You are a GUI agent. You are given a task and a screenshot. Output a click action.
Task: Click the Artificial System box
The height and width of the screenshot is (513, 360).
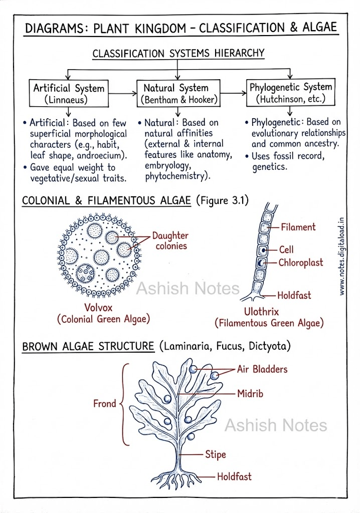tap(69, 93)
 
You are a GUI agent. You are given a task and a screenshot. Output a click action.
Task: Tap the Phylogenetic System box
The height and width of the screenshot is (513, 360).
tap(290, 93)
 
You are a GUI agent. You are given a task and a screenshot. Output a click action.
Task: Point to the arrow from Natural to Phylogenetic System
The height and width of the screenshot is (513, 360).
tap(233, 94)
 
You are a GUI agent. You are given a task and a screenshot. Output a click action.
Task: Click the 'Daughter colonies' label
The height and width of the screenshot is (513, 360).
tap(170, 240)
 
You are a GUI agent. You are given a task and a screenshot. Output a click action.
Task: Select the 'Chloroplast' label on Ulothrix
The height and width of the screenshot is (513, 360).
tap(301, 263)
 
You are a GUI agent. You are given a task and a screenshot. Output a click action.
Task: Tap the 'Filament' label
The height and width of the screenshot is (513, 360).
tap(298, 227)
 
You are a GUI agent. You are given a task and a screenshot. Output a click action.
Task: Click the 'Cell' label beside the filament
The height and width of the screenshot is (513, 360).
tap(286, 249)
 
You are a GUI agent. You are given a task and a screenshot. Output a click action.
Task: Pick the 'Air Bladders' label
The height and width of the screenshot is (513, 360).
tap(262, 369)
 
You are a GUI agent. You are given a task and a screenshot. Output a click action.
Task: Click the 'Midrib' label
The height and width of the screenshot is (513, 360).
tap(250, 394)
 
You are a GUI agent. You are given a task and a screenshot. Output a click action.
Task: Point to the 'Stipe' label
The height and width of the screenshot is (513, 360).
tap(216, 455)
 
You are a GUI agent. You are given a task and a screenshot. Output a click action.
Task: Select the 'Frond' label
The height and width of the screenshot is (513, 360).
tap(105, 403)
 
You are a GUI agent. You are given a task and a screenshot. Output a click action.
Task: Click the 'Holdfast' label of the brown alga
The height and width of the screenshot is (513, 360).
tap(234, 476)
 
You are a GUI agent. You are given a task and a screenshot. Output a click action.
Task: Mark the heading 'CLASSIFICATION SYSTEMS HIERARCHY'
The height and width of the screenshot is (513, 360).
tap(178, 53)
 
